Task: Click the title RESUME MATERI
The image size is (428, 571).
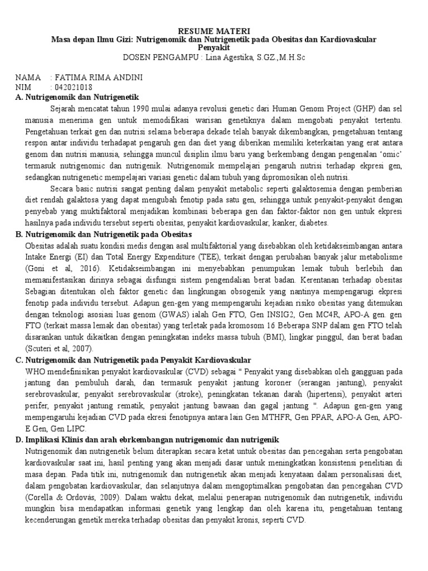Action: pos(213,31)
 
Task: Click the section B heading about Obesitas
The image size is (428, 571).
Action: pos(103,235)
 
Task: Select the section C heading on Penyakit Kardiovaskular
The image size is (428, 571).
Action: pos(133,360)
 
